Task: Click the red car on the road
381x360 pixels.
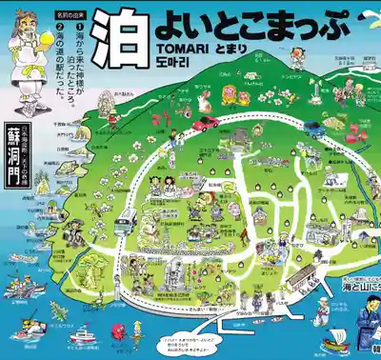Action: (204, 124)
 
